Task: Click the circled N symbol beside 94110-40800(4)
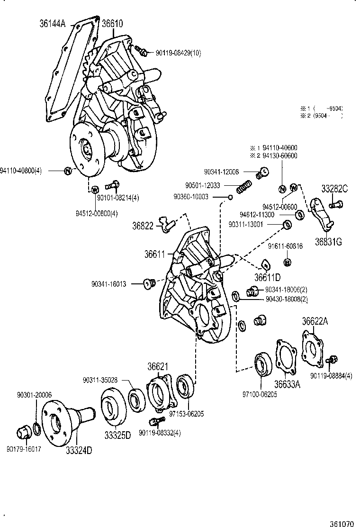pos(68,171)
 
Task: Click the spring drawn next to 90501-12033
pos(243,187)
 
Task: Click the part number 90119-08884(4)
pos(332,376)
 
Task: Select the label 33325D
pos(117,434)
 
